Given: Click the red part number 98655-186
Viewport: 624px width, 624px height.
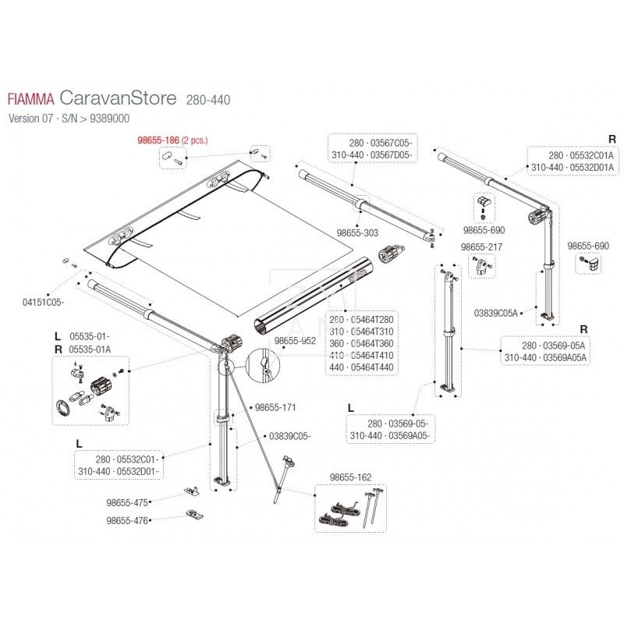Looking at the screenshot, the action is [158, 140].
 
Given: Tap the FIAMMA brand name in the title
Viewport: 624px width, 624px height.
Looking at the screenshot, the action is [31, 100].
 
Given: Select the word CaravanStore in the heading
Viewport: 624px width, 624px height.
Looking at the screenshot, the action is [118, 98].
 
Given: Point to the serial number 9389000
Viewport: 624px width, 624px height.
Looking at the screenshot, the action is [109, 119].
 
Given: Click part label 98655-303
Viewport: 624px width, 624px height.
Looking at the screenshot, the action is [357, 232].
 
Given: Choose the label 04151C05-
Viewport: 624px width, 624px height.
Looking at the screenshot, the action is [43, 303].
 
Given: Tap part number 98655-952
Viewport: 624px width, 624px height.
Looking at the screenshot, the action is [295, 341].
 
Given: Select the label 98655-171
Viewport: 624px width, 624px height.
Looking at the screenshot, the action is [275, 407].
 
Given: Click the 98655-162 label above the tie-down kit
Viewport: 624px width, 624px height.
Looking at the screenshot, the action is [350, 477].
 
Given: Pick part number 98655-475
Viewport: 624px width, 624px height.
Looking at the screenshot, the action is [127, 502].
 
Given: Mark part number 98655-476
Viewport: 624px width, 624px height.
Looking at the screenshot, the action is [127, 520].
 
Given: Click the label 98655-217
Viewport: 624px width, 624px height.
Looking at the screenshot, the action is [481, 247].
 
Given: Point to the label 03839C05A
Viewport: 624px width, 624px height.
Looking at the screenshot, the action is [495, 314].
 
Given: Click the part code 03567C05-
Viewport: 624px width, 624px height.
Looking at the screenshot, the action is [392, 144].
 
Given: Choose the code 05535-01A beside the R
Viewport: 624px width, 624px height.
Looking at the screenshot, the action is [90, 349].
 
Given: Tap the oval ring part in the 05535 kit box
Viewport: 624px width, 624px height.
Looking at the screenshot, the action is [63, 408].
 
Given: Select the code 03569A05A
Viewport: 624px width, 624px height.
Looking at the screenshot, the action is [565, 358].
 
